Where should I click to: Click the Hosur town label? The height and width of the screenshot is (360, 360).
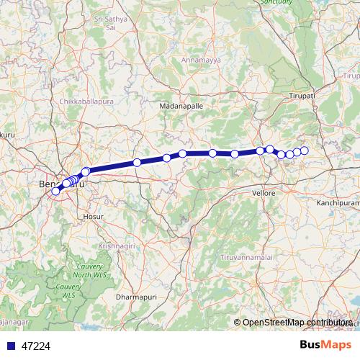pos(94,215)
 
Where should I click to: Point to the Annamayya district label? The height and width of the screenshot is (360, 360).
pos(187,59)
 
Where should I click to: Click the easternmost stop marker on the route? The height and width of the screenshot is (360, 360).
pos(305,150)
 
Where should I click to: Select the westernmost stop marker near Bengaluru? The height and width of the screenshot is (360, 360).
pos(55,191)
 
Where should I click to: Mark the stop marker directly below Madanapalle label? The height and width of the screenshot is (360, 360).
pos(183,153)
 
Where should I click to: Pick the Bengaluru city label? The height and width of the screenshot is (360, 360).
pos(60,184)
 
